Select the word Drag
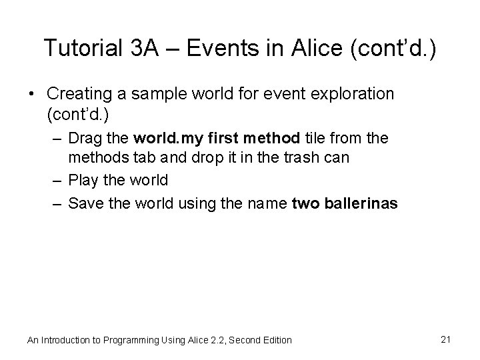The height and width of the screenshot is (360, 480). (83, 139)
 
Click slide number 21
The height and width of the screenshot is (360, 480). (446, 339)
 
